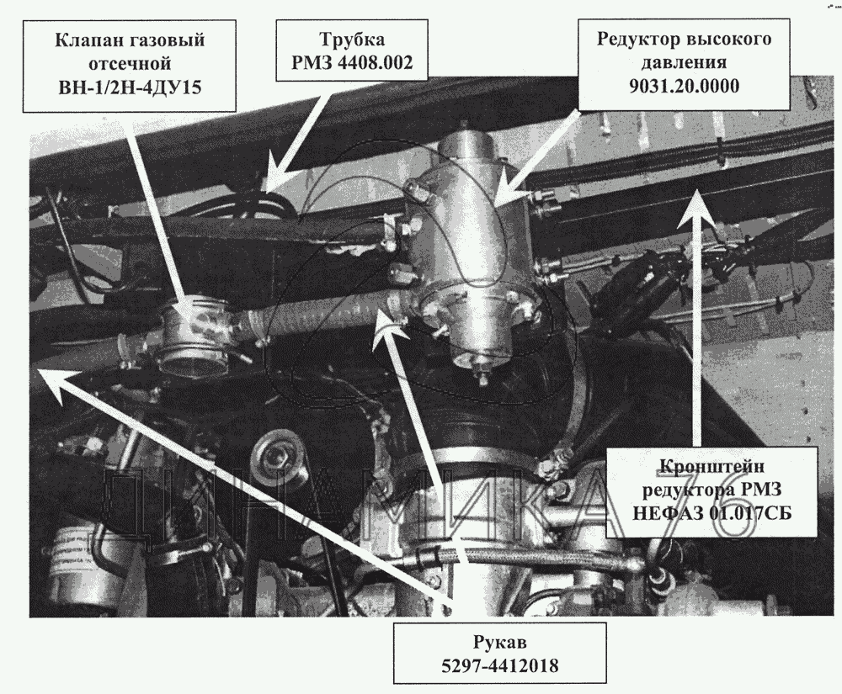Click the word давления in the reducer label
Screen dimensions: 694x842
click(685, 62)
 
